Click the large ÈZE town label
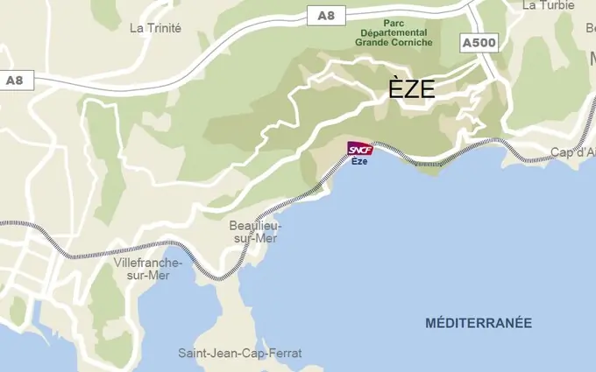tap(412, 88)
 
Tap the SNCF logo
tap(360, 149)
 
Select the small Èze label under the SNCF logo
tap(359, 161)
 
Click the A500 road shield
tap(479, 42)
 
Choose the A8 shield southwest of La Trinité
tap(14, 80)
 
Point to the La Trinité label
tap(155, 28)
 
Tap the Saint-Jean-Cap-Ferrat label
tap(239, 354)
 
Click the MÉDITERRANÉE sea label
tap(478, 323)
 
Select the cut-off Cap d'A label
tap(572, 152)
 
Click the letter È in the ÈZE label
tap(395, 88)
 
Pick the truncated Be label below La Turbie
tap(590, 28)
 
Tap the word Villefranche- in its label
tap(147, 263)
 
